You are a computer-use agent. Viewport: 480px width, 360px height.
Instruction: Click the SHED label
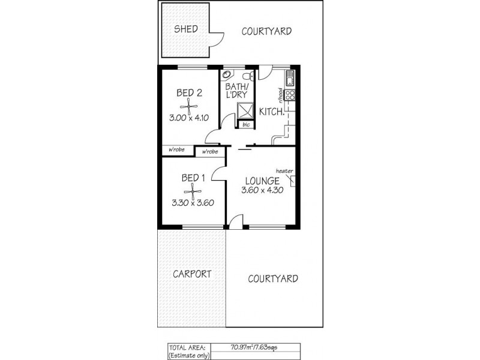click(x=186, y=29)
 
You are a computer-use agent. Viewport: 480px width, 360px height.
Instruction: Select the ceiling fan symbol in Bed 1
click(x=193, y=191)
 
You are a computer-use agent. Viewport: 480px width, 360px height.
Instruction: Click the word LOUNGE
click(x=262, y=181)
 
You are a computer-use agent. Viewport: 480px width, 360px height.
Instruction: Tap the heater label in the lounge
click(x=284, y=171)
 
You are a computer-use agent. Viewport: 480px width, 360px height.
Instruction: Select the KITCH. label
click(x=272, y=111)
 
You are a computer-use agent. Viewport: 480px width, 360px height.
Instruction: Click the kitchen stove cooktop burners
click(x=290, y=95)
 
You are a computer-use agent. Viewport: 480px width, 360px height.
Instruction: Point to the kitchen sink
click(x=290, y=78)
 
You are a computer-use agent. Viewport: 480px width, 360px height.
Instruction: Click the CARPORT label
click(x=192, y=274)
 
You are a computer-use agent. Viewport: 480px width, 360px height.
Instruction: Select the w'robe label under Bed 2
click(x=176, y=149)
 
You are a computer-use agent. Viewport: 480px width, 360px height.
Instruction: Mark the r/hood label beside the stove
click(x=280, y=95)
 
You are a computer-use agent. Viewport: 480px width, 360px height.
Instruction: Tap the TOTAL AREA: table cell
click(x=188, y=347)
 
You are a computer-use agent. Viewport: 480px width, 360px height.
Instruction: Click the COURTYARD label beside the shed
click(x=266, y=31)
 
